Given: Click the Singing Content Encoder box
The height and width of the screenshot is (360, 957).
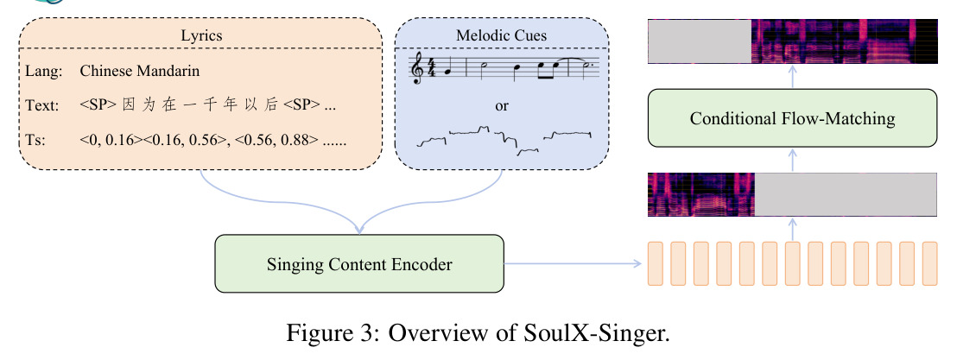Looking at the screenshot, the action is [359, 263].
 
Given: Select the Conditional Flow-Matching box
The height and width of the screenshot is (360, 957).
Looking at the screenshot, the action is [792, 117].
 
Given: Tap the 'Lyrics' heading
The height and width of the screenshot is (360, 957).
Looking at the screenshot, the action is [201, 35].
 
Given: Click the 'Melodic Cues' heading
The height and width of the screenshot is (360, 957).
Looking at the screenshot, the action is [502, 35].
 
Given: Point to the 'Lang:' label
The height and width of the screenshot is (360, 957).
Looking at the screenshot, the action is [44, 72].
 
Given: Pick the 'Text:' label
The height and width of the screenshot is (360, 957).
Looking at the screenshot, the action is [42, 105].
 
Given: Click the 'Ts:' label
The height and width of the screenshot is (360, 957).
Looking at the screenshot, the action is [35, 141].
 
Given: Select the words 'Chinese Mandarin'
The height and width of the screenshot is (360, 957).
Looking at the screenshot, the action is [140, 71].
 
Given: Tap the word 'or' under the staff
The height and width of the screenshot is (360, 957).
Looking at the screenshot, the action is [502, 105].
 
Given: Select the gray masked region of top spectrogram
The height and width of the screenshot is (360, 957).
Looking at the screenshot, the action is [700, 41].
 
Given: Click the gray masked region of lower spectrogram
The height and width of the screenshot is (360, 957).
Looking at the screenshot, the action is [846, 194].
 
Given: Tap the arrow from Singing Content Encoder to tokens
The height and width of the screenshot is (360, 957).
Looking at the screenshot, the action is [573, 263].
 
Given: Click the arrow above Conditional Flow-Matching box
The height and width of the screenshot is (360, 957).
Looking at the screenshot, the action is [792, 76].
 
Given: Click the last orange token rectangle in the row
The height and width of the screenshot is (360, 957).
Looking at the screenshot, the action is [929, 263].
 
